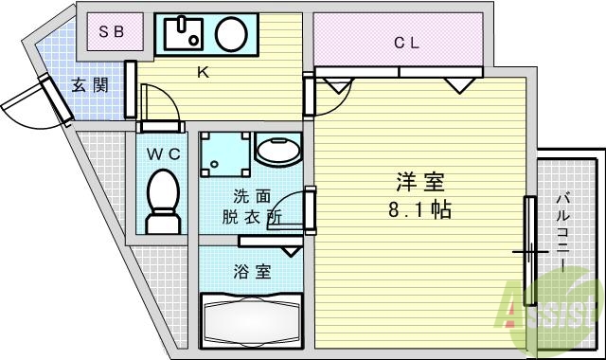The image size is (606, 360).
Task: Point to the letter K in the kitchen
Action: (x=202, y=73)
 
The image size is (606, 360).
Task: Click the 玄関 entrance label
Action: (x=90, y=85)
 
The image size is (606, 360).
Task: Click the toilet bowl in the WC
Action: (x=163, y=200)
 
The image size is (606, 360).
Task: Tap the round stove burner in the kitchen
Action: (x=230, y=35)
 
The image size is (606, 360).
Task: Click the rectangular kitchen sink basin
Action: (x=186, y=35)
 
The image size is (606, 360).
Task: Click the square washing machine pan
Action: (x=225, y=153)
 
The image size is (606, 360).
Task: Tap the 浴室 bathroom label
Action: (x=252, y=272)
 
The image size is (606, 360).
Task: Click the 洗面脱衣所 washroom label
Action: (x=252, y=206)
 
